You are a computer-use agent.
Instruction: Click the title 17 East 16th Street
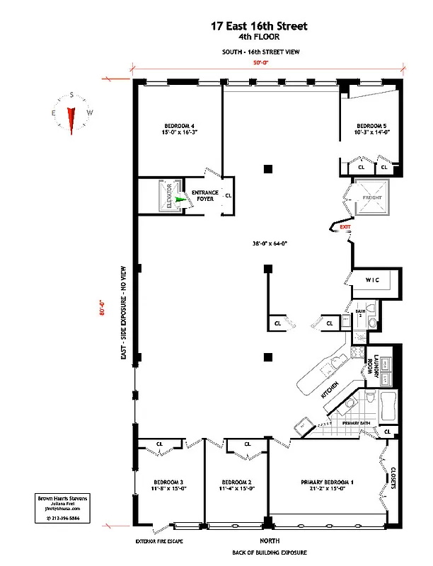tap(259, 26)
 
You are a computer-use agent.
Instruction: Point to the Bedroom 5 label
tap(373, 128)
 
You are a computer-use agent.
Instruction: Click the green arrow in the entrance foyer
tap(180, 200)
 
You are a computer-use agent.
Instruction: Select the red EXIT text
tap(345, 227)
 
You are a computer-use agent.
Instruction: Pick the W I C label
tap(373, 280)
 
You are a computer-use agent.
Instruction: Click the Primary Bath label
tap(357, 422)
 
